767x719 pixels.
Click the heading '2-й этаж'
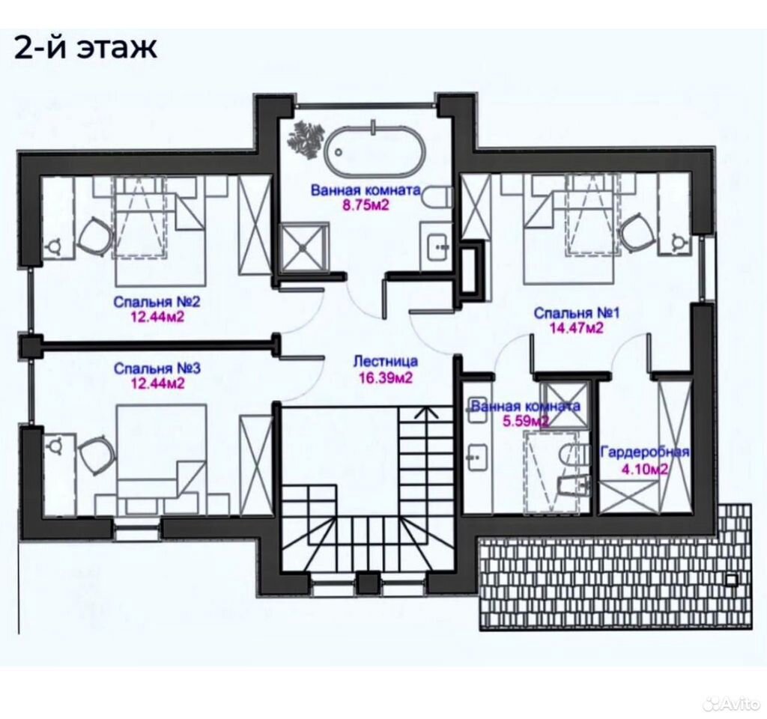(x=85, y=48)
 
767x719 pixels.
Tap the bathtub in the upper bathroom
(x=374, y=151)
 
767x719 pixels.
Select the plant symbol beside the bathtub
(x=306, y=137)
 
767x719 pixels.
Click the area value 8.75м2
(x=366, y=204)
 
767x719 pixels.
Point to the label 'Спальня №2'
(x=157, y=301)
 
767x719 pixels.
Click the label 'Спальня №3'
(x=157, y=368)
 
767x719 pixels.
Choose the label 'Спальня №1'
(x=576, y=312)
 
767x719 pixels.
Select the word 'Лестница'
(x=386, y=362)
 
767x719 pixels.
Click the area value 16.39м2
(x=386, y=377)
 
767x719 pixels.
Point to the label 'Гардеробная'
(x=645, y=452)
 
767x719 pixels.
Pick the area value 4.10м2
(x=644, y=470)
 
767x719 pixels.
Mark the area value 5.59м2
(x=525, y=421)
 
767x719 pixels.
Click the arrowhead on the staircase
(x=427, y=413)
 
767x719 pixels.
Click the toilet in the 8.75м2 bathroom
(x=436, y=197)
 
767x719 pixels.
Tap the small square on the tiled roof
(x=731, y=580)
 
